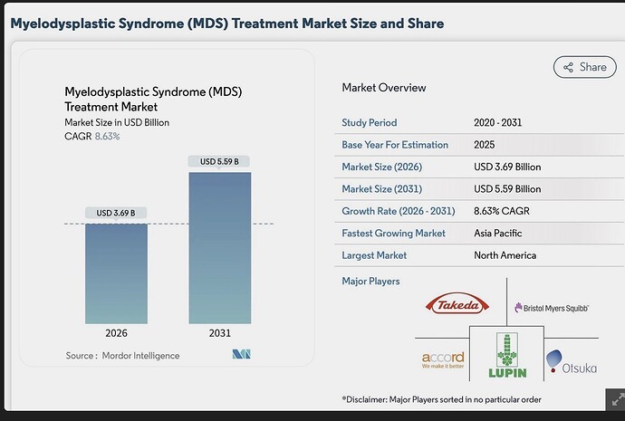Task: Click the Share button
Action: tap(585, 67)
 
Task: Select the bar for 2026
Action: tap(116, 273)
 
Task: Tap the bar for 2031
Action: tap(220, 248)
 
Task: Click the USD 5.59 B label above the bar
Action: tap(219, 161)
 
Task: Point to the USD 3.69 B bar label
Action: tap(116, 213)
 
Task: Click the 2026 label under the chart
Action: tap(116, 333)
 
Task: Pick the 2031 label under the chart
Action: tap(220, 333)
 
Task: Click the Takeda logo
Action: tap(457, 305)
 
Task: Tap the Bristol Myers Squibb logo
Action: tap(552, 308)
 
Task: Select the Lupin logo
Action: tap(507, 356)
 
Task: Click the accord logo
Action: tap(443, 359)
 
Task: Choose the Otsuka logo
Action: tap(572, 362)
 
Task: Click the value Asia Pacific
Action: tap(498, 233)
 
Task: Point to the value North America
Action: tap(505, 255)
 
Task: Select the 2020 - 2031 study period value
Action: tap(498, 122)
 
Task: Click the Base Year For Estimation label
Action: tap(395, 145)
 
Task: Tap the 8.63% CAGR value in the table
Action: tap(502, 211)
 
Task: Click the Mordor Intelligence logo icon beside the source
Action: tap(242, 354)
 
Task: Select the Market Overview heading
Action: tap(384, 88)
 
